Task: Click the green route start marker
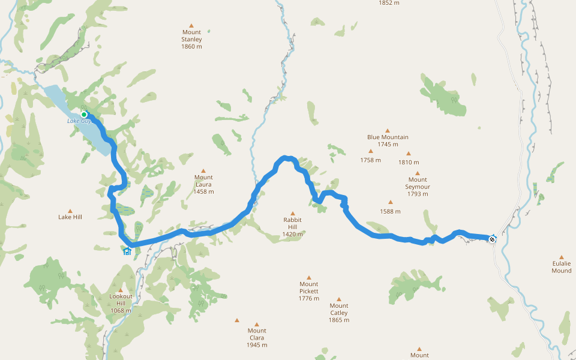(x=84, y=115)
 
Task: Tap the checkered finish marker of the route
(x=492, y=239)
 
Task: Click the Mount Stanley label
(x=191, y=40)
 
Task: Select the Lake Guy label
(x=79, y=121)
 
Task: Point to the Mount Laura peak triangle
(x=203, y=170)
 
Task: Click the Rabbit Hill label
(x=293, y=227)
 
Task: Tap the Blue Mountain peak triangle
(x=388, y=130)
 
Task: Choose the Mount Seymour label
(x=418, y=186)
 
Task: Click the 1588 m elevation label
(x=390, y=211)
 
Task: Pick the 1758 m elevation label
(x=371, y=160)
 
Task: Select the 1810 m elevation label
(x=408, y=162)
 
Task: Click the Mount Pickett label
(x=309, y=291)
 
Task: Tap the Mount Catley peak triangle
(x=338, y=298)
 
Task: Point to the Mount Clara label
(x=257, y=337)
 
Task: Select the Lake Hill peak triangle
(x=70, y=211)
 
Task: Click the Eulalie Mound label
(x=562, y=267)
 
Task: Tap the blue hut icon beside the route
(x=127, y=251)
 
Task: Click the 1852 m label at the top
(x=389, y=2)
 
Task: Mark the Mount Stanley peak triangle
(x=191, y=25)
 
